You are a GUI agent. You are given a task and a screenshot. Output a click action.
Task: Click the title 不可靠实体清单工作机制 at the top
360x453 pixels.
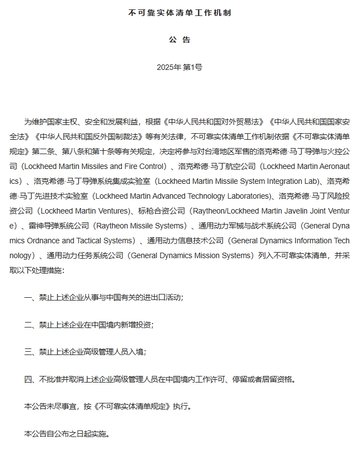(x=179, y=12)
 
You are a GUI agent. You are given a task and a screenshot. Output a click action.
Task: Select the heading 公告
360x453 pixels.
(x=179, y=40)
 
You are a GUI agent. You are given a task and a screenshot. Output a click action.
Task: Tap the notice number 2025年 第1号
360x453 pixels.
(x=179, y=67)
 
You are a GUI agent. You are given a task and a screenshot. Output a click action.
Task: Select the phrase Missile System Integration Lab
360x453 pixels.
(x=259, y=181)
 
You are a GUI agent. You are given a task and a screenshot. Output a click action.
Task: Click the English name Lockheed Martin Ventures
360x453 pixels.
(x=85, y=211)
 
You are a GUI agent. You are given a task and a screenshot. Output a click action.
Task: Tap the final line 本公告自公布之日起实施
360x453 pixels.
(x=67, y=434)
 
